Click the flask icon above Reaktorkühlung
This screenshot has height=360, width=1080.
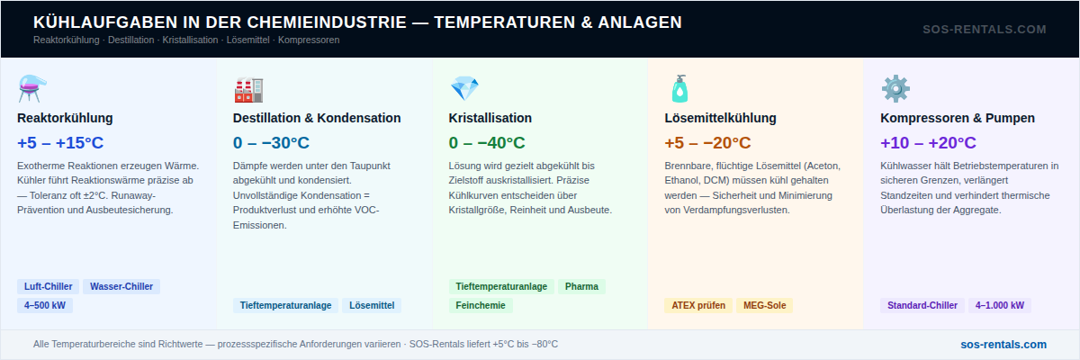point(31,89)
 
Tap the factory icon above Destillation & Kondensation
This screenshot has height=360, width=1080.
point(248,90)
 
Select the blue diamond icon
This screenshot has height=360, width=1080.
point(464,89)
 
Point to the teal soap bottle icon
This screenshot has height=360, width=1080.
point(679,89)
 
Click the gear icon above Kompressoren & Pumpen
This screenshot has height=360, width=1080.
point(895,89)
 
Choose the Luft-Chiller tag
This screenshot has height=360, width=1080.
point(49,287)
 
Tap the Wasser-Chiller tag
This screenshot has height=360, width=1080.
point(121,287)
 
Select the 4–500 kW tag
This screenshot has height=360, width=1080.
point(45,305)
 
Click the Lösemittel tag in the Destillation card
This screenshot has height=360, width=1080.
point(372,305)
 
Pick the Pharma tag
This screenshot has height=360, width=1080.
point(581,287)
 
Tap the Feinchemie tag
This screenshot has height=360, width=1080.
point(481,305)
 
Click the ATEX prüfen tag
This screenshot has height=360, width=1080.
point(698,305)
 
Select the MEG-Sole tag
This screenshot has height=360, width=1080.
point(765,305)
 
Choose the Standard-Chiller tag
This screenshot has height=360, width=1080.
point(922,305)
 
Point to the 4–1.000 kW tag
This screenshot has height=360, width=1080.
point(1000,305)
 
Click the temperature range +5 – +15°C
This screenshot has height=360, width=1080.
point(60,143)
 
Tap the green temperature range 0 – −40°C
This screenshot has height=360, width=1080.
point(487,143)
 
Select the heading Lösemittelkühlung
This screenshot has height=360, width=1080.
point(720,118)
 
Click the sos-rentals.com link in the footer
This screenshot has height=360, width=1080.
point(1003,345)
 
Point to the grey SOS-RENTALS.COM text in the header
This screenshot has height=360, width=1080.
point(985,30)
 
